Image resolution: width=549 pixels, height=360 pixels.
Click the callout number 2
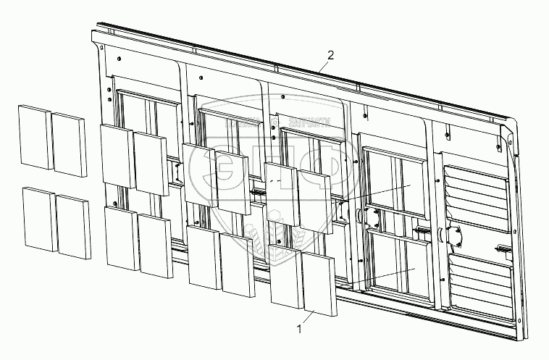pyautogui.click(x=331, y=55)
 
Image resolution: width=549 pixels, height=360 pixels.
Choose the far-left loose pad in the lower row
pyautogui.click(x=38, y=218)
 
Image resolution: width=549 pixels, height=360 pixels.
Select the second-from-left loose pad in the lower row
pyautogui.click(x=73, y=227)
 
